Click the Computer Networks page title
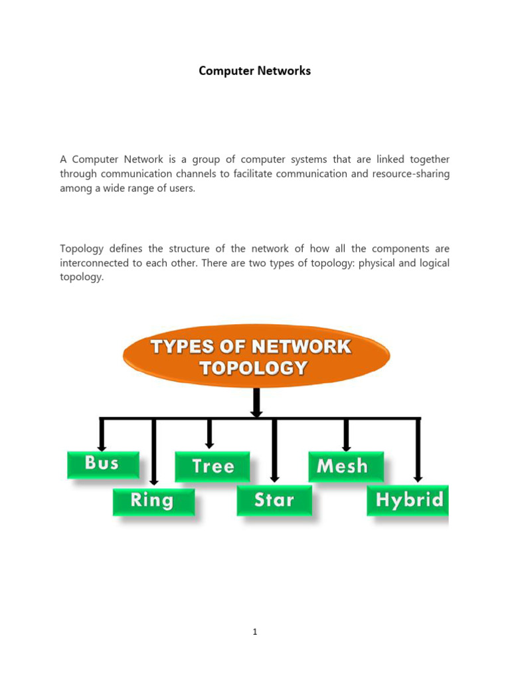point(255,70)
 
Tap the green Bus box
point(103,464)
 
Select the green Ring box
point(153,501)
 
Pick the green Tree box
point(212,466)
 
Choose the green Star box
point(274,501)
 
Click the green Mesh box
point(346,466)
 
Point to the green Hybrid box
point(408,501)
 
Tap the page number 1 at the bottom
point(255,632)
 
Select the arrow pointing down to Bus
point(102,436)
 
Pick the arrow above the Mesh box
point(346,436)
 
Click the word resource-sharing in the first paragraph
point(412,174)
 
